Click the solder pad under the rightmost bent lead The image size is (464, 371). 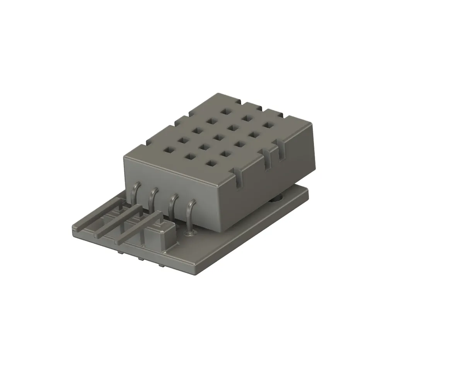tap(189, 233)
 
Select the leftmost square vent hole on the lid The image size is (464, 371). tap(169, 148)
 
